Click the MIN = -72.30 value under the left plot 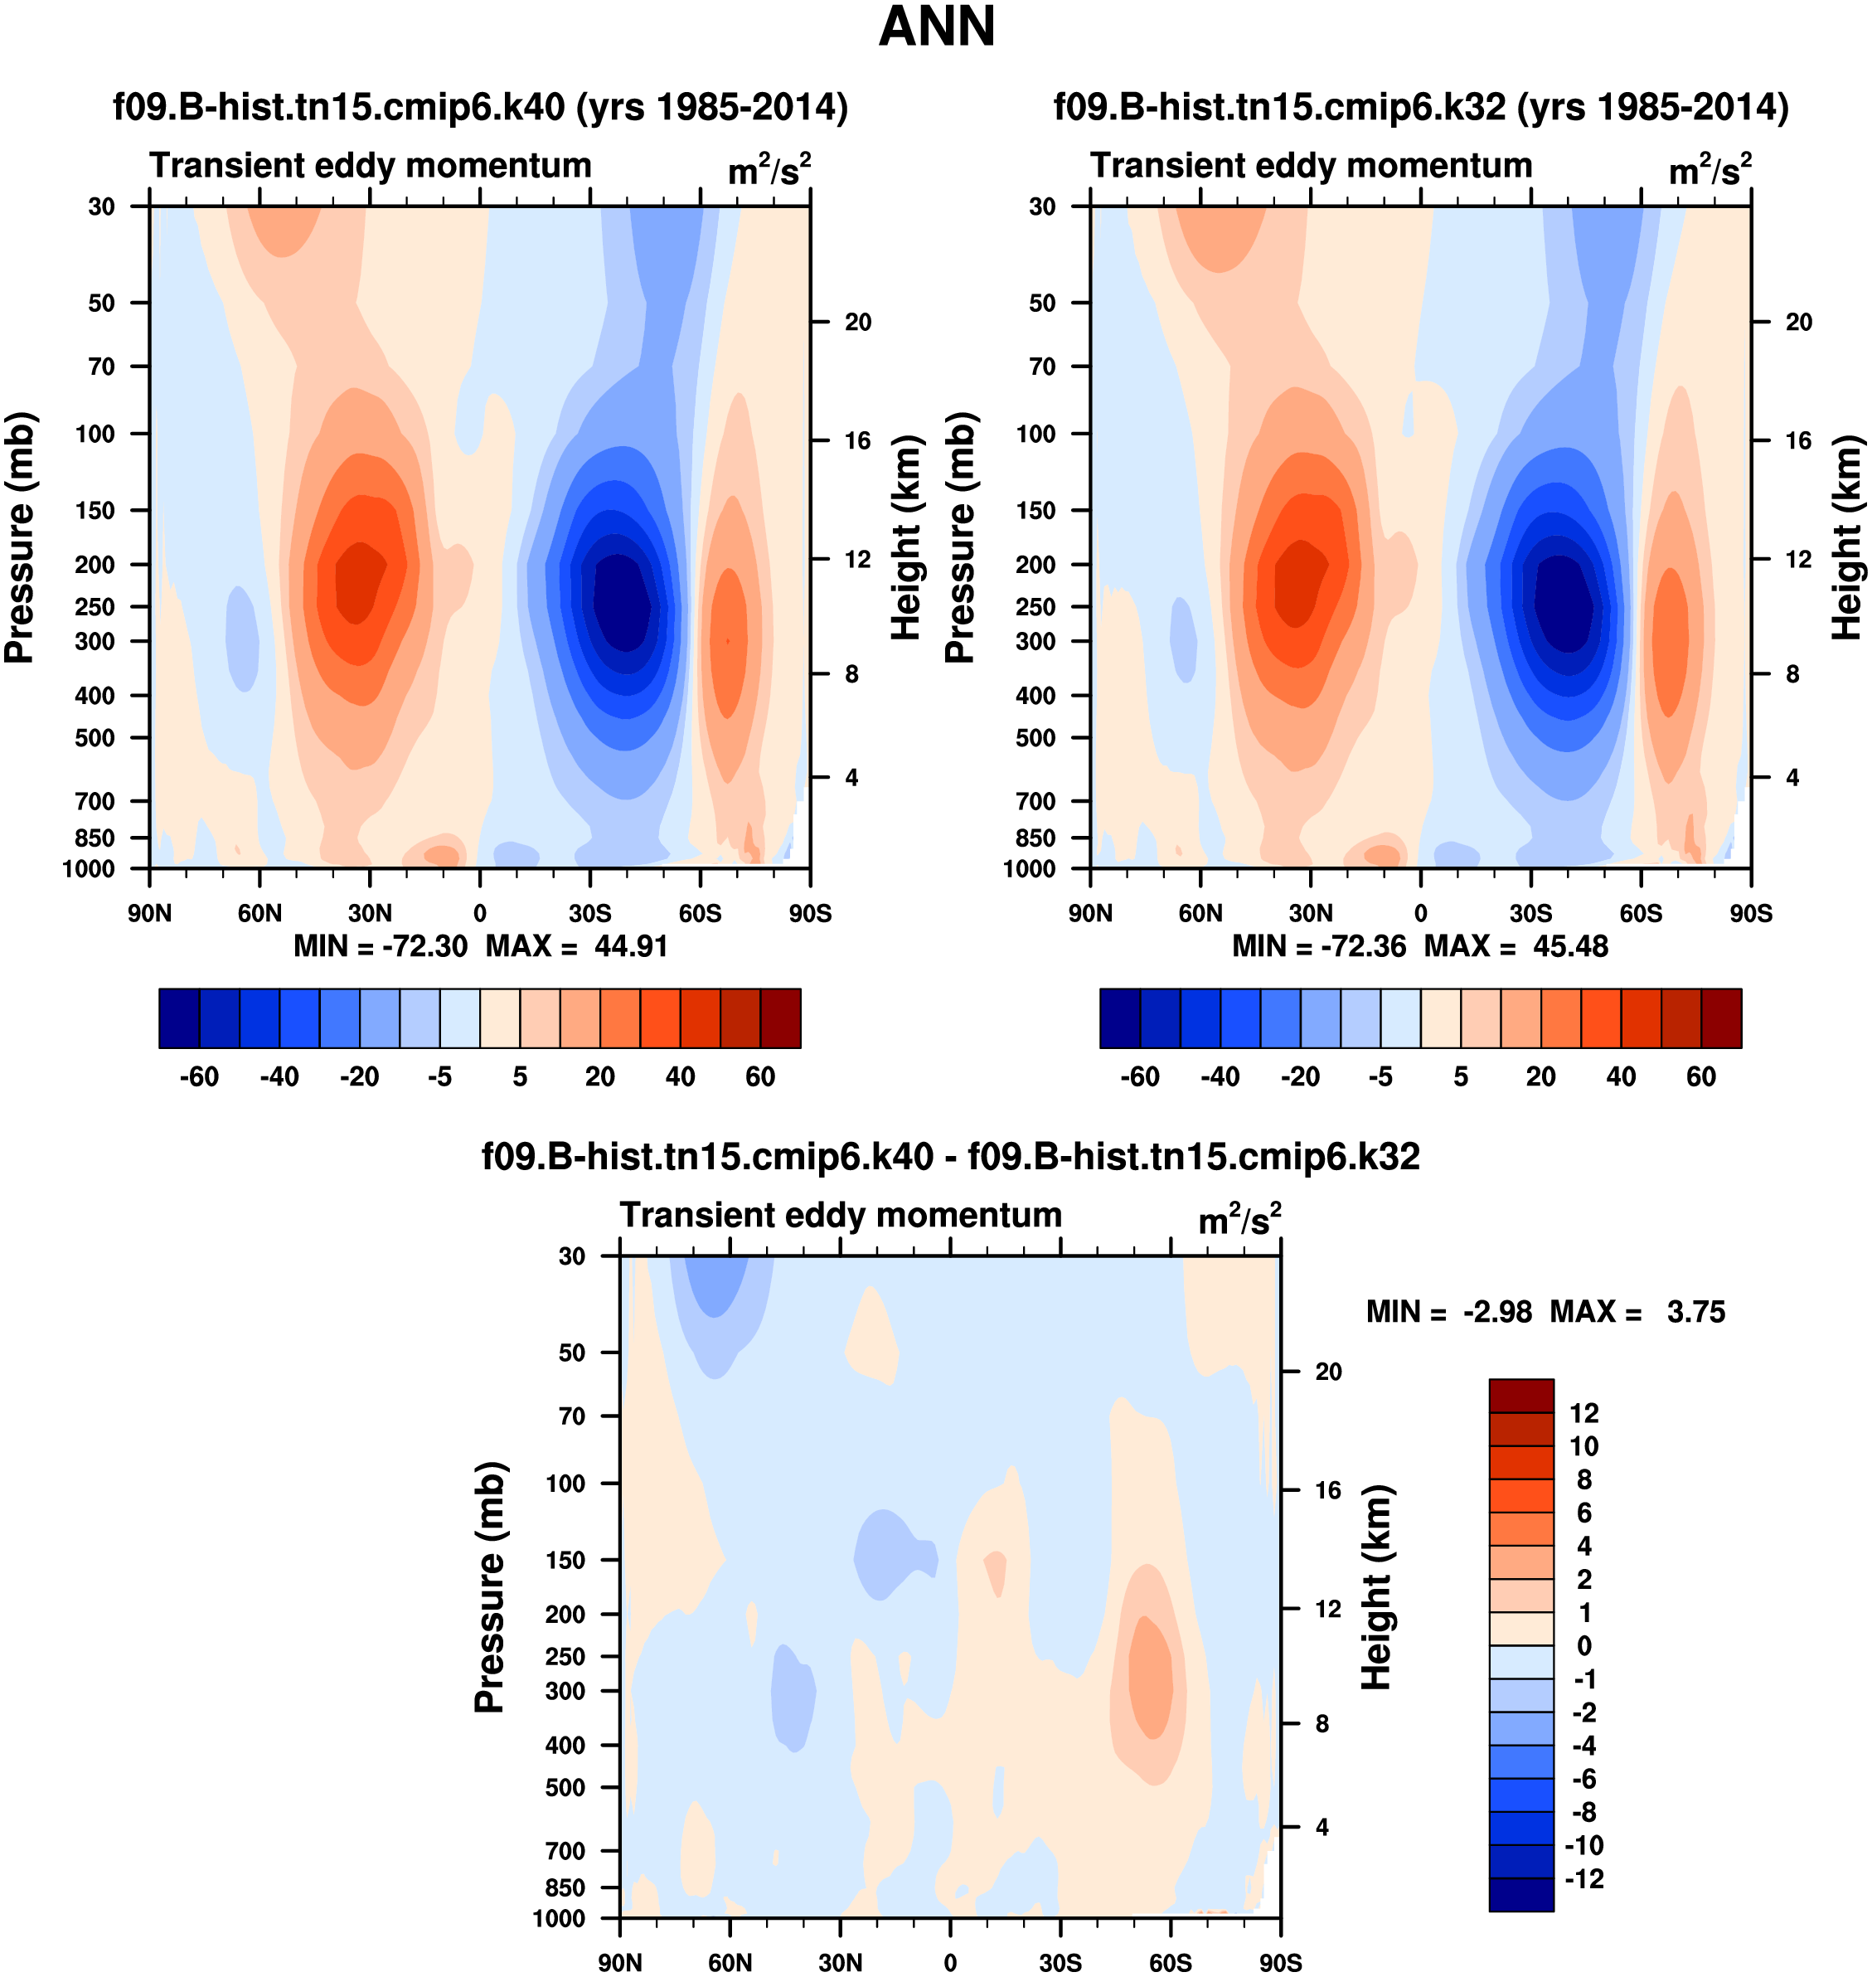coord(381,946)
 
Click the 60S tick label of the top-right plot coord(1641,913)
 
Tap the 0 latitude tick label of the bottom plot coord(950,1962)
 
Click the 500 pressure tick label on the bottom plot coord(565,1787)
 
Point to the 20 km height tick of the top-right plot coord(1798,323)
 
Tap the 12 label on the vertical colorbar coord(1583,1413)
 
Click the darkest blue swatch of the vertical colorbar coord(1520,1894)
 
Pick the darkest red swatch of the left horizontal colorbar coord(780,1018)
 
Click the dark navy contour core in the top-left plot coord(621,602)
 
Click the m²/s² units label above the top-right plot coord(1710,171)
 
